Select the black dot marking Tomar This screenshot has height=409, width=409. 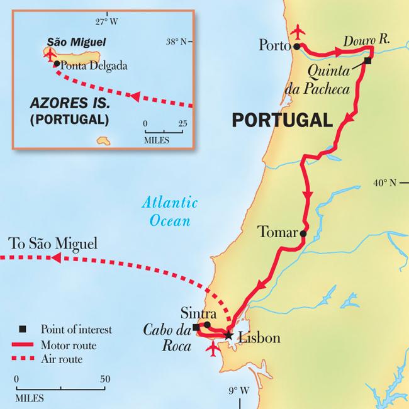(303, 233)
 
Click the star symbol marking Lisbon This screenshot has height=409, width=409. (228, 337)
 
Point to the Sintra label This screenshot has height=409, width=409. (198, 313)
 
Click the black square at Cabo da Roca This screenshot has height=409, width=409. (196, 327)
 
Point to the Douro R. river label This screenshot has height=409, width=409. (367, 39)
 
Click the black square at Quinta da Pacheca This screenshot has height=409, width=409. (368, 61)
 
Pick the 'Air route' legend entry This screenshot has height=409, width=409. (61, 359)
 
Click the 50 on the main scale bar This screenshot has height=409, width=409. (104, 379)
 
